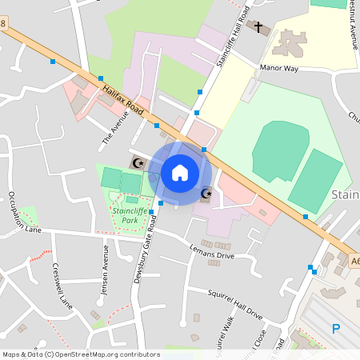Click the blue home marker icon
(180, 172)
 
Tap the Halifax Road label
(123, 102)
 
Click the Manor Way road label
(279, 70)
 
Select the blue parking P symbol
(336, 328)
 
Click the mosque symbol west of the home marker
(137, 162)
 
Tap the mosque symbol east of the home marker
(206, 194)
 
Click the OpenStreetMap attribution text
(82, 354)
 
